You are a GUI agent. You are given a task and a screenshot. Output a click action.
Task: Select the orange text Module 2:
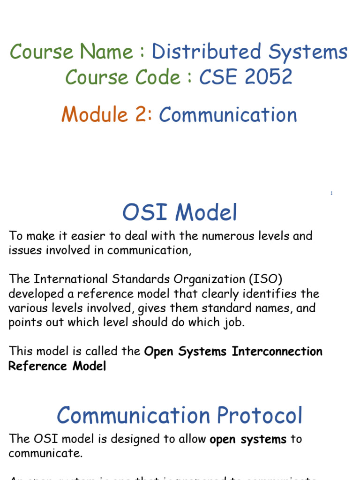(x=107, y=114)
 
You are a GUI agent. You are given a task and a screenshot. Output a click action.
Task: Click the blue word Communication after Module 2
(x=228, y=114)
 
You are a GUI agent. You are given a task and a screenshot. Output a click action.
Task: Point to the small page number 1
(x=331, y=193)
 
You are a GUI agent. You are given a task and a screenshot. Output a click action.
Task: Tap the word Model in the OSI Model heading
(x=209, y=213)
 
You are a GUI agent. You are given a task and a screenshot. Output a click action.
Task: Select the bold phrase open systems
(x=248, y=439)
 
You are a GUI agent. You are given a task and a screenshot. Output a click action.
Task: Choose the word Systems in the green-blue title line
(x=308, y=52)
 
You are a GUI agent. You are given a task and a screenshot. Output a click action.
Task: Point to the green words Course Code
(x=123, y=77)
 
